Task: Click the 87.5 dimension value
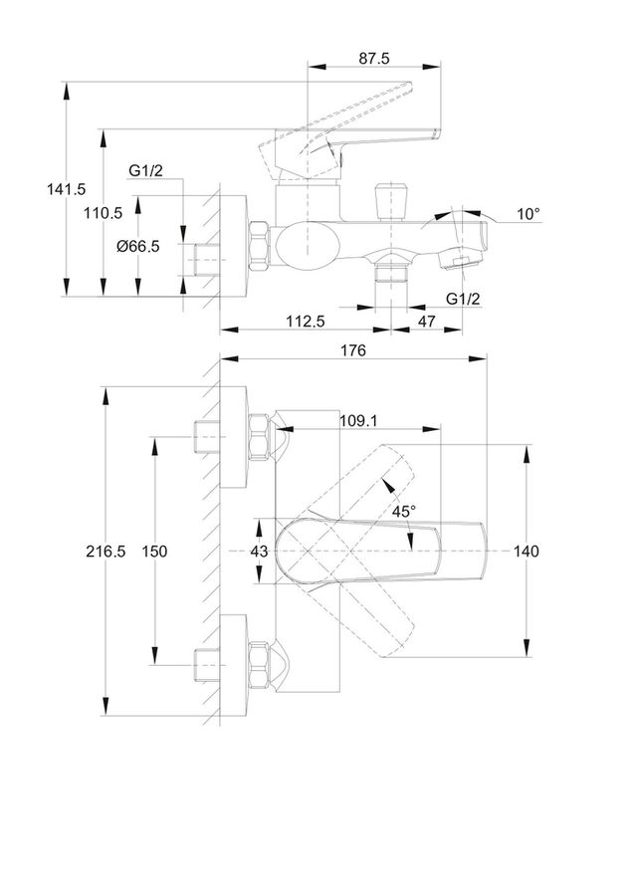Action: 374,59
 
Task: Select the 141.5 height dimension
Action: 67,188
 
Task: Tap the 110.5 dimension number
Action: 103,213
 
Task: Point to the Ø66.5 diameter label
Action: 137,246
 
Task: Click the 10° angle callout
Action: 528,214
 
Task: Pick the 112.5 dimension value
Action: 306,322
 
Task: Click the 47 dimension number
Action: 426,322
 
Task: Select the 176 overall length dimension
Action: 353,350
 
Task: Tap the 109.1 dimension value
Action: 358,420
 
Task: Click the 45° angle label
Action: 404,512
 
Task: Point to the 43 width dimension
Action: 259,552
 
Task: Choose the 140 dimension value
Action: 526,552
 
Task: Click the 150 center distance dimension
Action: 155,552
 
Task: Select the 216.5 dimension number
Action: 105,552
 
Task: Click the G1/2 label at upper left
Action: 145,170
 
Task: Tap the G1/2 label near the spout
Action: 463,299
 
